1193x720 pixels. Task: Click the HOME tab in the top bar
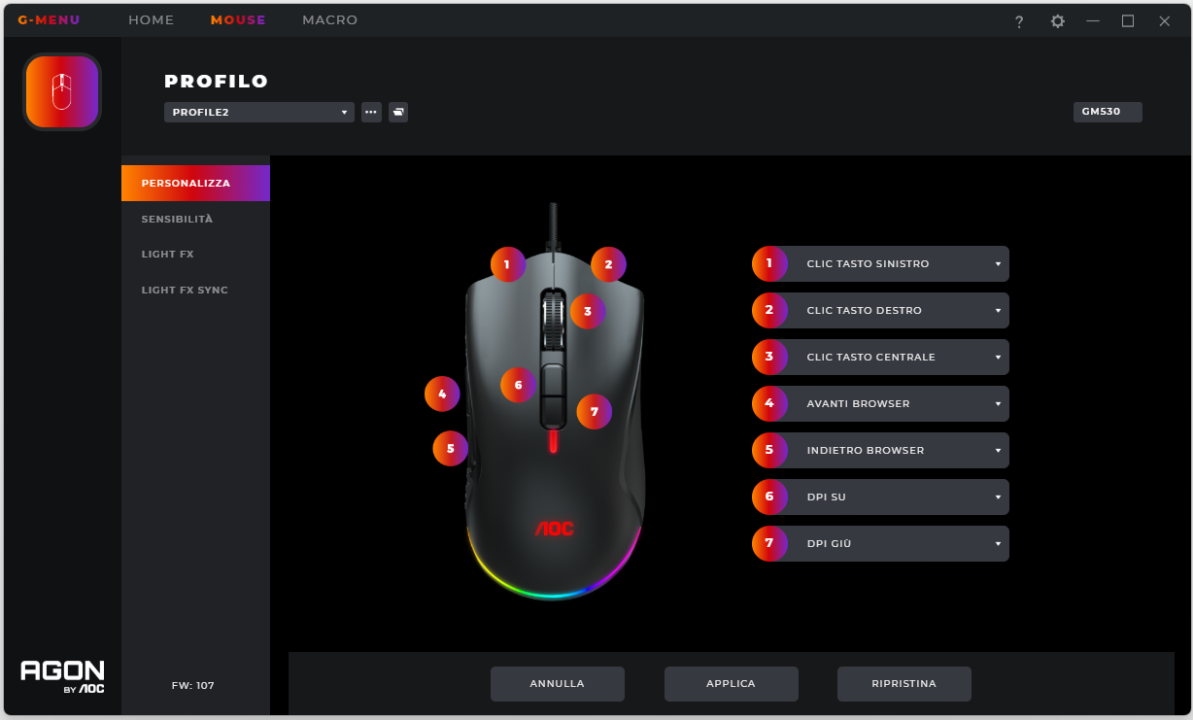click(151, 20)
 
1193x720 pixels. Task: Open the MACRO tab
click(329, 20)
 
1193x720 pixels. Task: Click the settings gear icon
click(1057, 21)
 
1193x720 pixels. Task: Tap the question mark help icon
click(1019, 21)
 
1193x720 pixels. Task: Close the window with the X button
click(1164, 21)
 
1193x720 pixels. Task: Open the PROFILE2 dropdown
click(258, 113)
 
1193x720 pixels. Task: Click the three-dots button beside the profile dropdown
click(371, 113)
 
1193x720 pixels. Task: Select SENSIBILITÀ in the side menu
click(177, 219)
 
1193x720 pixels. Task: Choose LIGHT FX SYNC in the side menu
click(185, 291)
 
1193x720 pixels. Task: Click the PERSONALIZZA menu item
click(195, 184)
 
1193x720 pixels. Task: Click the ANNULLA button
click(557, 684)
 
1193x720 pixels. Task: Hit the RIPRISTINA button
click(903, 684)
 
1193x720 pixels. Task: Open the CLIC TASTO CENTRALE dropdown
click(897, 358)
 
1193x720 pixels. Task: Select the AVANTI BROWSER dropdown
click(897, 403)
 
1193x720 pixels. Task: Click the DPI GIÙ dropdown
click(897, 544)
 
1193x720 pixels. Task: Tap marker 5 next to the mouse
click(451, 448)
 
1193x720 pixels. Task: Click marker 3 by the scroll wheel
click(588, 311)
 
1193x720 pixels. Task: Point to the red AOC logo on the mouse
click(555, 529)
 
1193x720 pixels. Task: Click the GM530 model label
click(1108, 112)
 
